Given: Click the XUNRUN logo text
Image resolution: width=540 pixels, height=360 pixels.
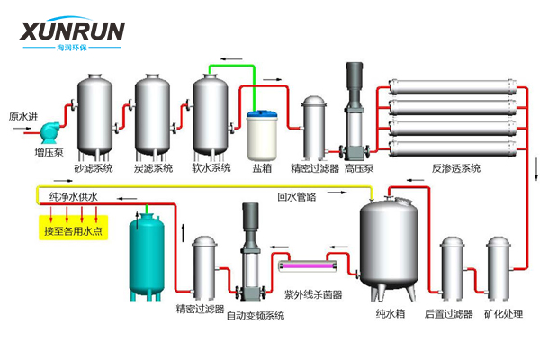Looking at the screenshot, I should click(73, 32).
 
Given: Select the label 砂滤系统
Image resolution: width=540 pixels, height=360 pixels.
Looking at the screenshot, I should click(94, 167).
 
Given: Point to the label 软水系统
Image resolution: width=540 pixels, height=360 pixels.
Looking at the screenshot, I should click(211, 167).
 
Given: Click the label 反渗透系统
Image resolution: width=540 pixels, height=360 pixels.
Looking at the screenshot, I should click(456, 167).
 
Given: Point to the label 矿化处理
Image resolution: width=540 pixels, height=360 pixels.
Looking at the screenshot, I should click(503, 313).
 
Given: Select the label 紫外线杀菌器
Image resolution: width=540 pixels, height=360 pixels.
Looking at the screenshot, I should click(312, 293).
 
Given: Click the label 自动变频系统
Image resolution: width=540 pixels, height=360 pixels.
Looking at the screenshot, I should click(255, 315).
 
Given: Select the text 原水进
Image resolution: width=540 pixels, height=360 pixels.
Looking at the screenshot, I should click(23, 116).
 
